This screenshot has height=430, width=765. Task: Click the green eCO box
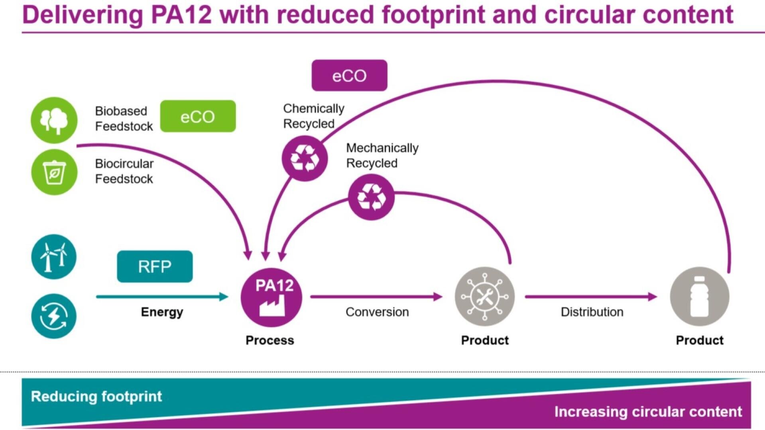coord(198,116)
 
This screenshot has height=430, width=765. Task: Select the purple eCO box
coord(349,76)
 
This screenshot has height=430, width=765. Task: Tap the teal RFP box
coord(155,266)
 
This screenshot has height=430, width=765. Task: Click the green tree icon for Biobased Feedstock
coord(54,120)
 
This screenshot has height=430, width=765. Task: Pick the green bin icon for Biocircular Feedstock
coord(54,172)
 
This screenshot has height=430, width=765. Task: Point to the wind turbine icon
coord(54,257)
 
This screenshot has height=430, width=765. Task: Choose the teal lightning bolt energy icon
coord(54,316)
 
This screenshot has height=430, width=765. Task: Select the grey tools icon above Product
coord(484,297)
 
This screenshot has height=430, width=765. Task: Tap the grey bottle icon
coord(699,297)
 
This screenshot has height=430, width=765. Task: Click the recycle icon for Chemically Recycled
coord(305,158)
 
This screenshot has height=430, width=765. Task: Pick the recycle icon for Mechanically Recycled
coord(371,197)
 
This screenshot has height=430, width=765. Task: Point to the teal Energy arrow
coord(162,297)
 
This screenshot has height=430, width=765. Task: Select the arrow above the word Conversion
coord(376,297)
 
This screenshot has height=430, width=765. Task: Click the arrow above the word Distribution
coord(591,297)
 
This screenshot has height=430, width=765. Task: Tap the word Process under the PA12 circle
coord(270,340)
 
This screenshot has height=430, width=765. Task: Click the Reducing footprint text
coord(96,397)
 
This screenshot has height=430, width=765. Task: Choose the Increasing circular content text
coord(648,412)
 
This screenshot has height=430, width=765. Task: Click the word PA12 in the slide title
coord(181,15)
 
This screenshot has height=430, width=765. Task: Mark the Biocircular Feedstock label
coord(124,171)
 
